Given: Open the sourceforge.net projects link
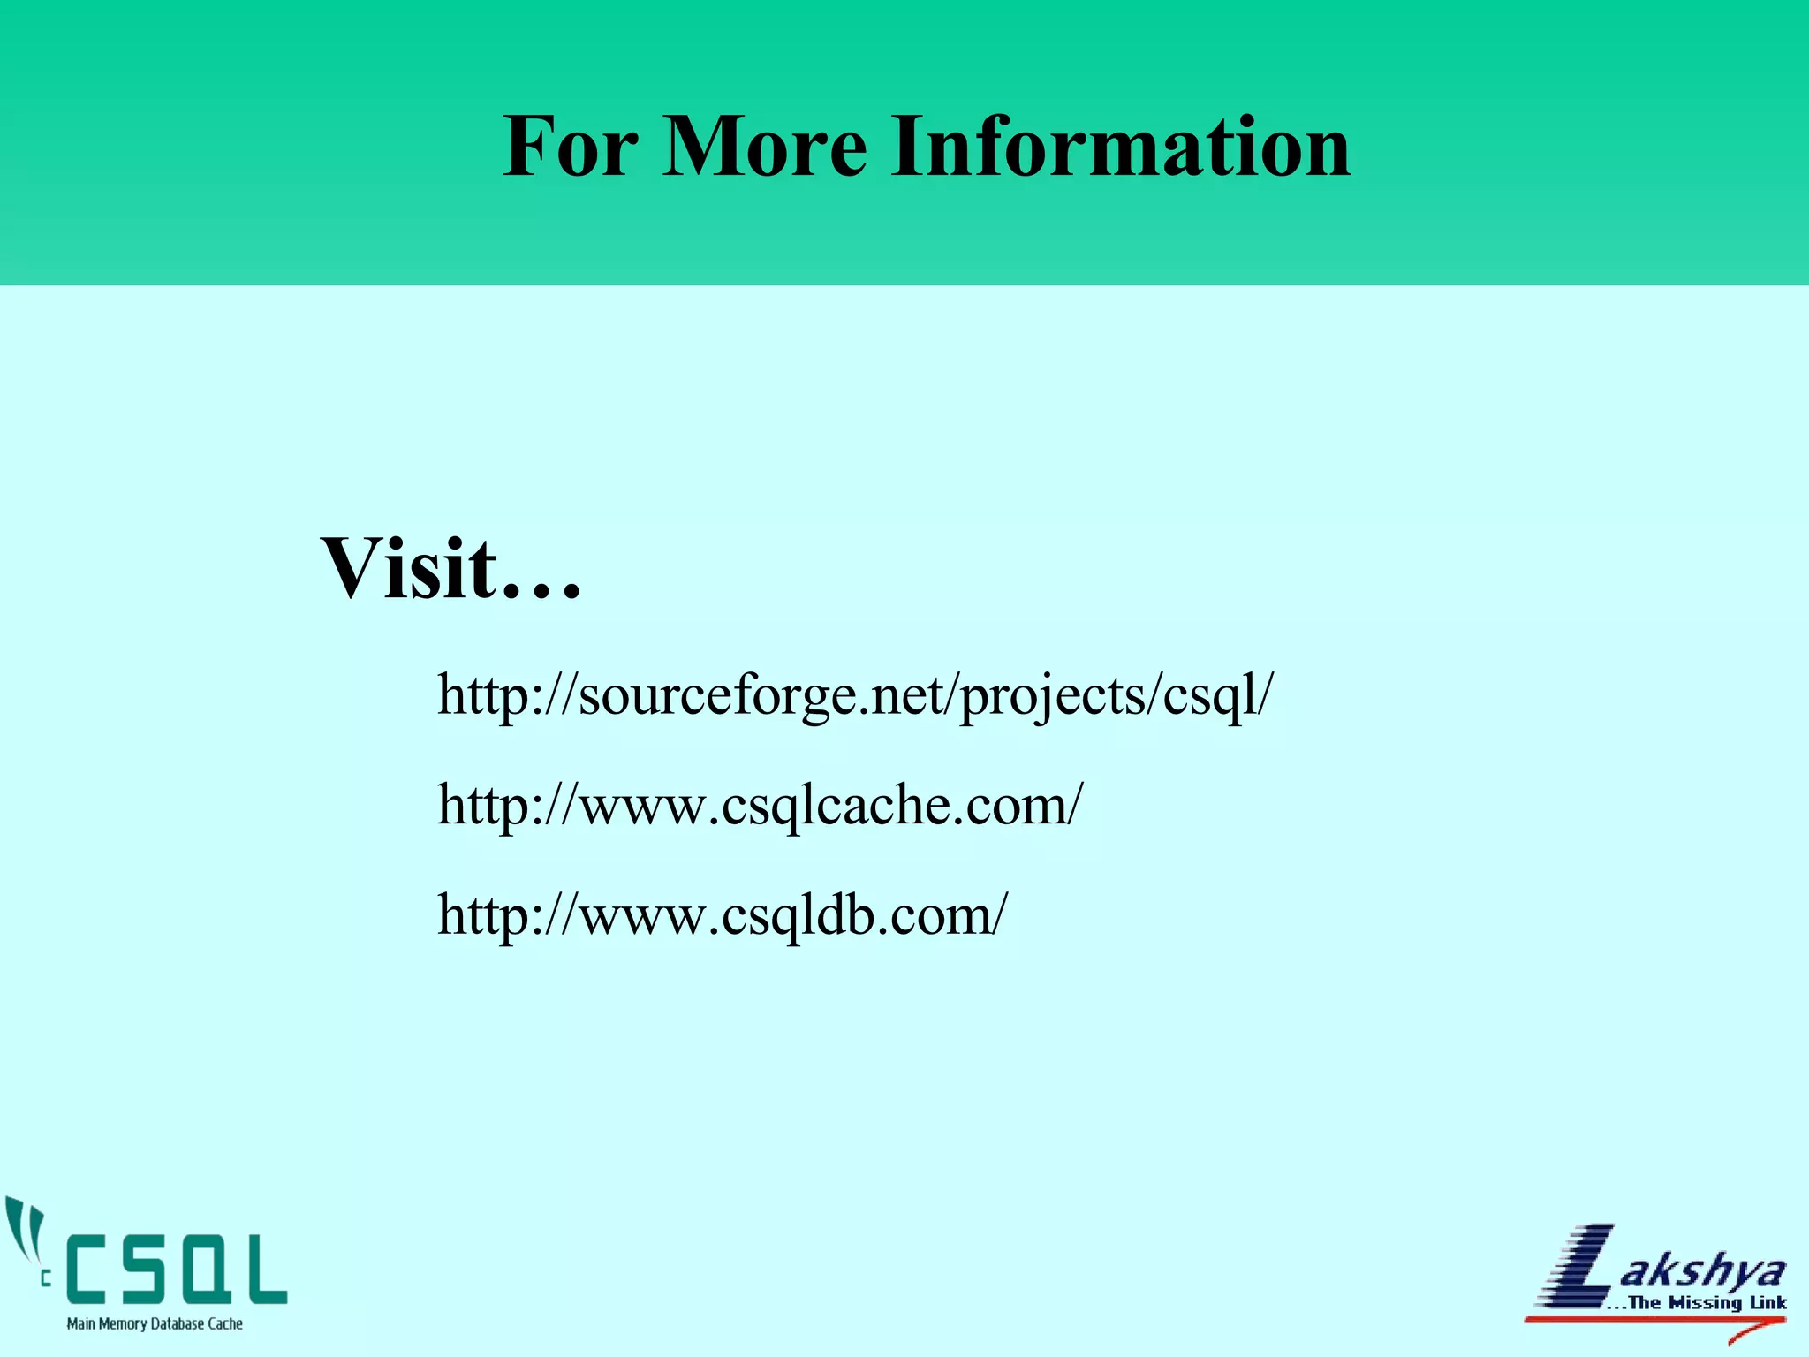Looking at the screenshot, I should click(855, 696).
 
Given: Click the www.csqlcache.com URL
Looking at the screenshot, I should click(760, 806).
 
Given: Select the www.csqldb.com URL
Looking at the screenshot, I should click(722, 915).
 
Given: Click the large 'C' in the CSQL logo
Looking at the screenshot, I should click(99, 1270).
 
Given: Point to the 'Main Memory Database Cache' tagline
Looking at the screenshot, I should click(155, 1323).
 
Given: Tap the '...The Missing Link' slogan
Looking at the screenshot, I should click(1696, 1302).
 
